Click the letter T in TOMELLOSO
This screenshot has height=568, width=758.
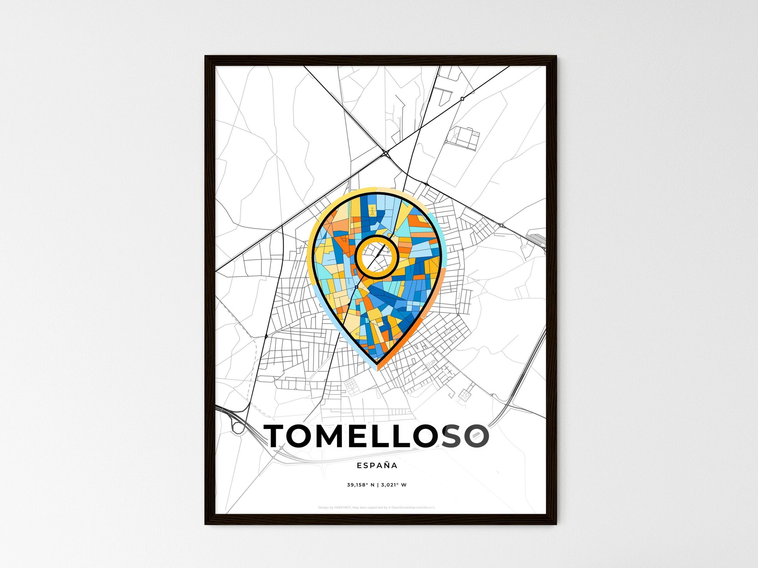click(x=277, y=436)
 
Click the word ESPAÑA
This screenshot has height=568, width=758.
click(x=377, y=465)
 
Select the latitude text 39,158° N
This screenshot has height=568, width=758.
click(x=361, y=485)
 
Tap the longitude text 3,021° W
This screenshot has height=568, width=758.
click(x=394, y=485)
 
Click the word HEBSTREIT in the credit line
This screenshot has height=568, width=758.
click(x=342, y=508)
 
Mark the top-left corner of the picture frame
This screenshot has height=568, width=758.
click(x=206, y=56)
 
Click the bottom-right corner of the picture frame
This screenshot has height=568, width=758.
click(x=556, y=524)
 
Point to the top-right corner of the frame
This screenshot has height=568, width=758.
click(x=556, y=56)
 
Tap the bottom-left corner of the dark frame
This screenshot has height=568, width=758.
click(x=206, y=524)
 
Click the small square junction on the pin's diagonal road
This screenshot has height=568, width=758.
click(x=356, y=287)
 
